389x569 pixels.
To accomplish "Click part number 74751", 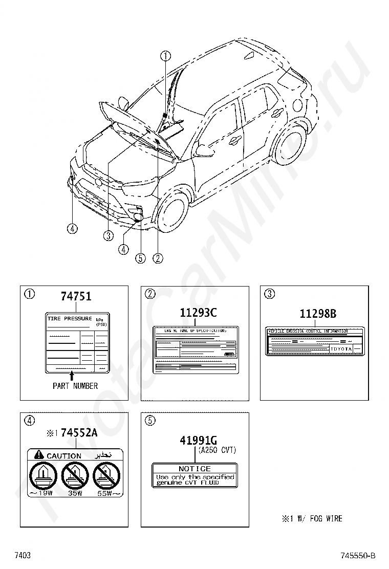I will point(76,296).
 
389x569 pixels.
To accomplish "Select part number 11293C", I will point(198,312).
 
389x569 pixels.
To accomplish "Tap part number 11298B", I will point(318,314).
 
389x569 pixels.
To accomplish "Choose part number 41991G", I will point(199,440).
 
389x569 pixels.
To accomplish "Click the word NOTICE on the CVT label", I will point(194,469).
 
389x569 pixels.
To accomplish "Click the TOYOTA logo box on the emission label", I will point(341,348).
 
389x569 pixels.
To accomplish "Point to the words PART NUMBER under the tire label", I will point(75,386).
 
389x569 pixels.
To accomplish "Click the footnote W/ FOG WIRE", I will point(312,518).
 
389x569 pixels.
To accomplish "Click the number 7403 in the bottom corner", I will point(23,556).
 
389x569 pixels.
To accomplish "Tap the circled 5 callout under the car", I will point(140,258).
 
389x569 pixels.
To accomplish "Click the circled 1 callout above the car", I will point(165,56).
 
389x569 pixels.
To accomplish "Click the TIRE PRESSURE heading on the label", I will point(70,319).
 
